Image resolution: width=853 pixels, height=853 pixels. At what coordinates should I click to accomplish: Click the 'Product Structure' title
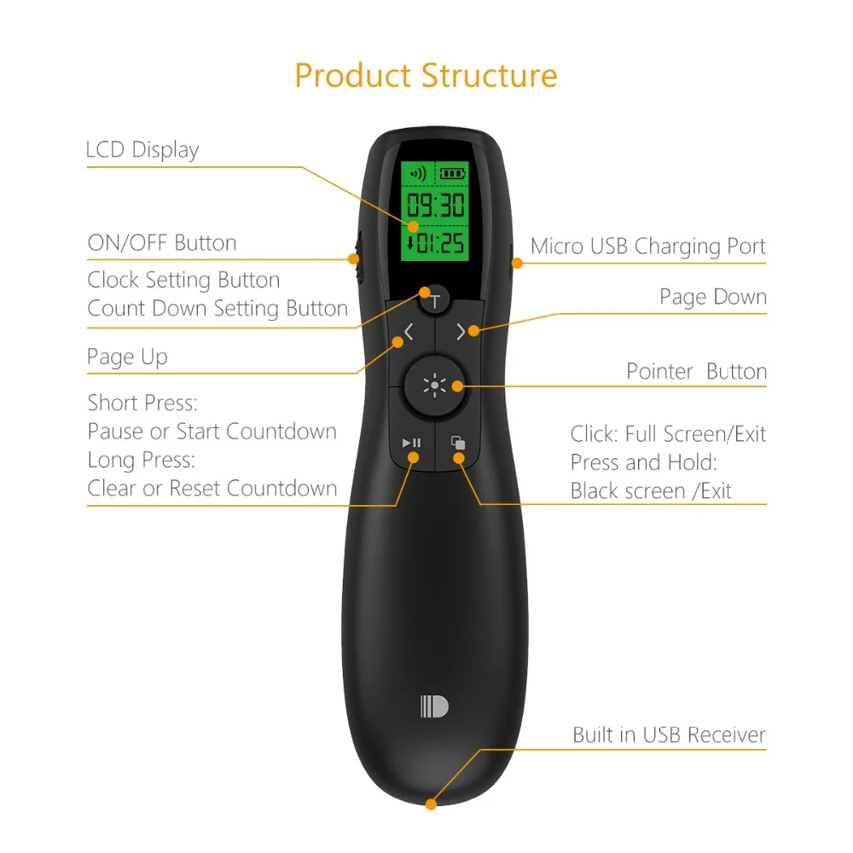tap(426, 76)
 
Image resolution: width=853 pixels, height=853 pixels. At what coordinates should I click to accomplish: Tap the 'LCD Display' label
tap(142, 150)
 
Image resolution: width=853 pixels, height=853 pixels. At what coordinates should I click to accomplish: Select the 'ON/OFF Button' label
tap(162, 243)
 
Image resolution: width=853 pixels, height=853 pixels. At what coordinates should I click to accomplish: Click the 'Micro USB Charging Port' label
tap(648, 247)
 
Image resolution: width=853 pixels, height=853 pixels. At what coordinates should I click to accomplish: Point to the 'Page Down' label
tap(713, 297)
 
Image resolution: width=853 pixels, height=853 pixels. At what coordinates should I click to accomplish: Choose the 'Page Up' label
tap(127, 357)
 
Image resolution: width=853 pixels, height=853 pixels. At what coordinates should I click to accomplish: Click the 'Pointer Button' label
tap(697, 371)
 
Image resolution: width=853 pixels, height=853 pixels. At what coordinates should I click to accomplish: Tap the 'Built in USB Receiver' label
tap(670, 734)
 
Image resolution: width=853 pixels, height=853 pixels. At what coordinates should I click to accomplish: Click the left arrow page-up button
tap(409, 333)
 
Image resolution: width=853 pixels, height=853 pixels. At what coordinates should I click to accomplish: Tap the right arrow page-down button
tap(461, 333)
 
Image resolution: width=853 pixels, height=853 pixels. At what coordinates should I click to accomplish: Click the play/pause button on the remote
tap(411, 443)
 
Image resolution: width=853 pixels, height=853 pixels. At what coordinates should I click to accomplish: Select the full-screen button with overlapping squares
tap(458, 443)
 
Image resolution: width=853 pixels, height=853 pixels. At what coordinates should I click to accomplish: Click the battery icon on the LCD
tap(453, 173)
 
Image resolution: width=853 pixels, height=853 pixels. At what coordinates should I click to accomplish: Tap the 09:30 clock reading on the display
tap(435, 206)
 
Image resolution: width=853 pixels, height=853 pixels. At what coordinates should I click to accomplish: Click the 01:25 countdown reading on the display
tap(437, 244)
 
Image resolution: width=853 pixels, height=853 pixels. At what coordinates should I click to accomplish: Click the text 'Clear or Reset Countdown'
tap(212, 489)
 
